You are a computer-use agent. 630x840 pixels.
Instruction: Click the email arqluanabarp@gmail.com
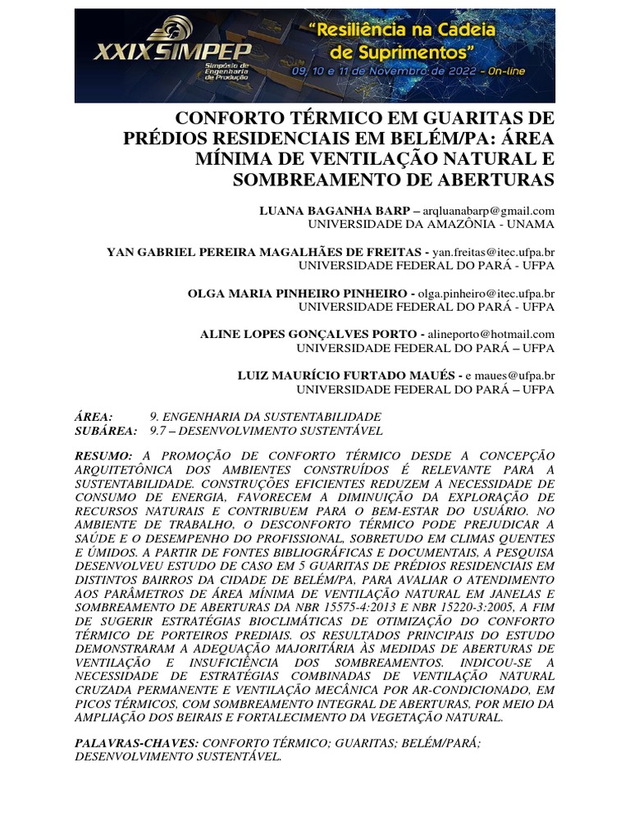click(x=489, y=211)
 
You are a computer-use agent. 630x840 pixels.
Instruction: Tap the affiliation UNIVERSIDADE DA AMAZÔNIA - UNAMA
click(x=431, y=223)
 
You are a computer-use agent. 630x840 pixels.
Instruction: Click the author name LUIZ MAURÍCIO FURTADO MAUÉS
click(x=346, y=376)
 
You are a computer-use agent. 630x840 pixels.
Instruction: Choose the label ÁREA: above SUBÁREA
click(x=94, y=417)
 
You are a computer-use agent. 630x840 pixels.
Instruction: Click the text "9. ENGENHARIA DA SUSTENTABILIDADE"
click(x=266, y=417)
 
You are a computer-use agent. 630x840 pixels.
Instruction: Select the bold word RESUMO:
click(x=103, y=455)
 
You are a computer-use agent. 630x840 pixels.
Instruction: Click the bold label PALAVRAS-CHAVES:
click(x=136, y=742)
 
